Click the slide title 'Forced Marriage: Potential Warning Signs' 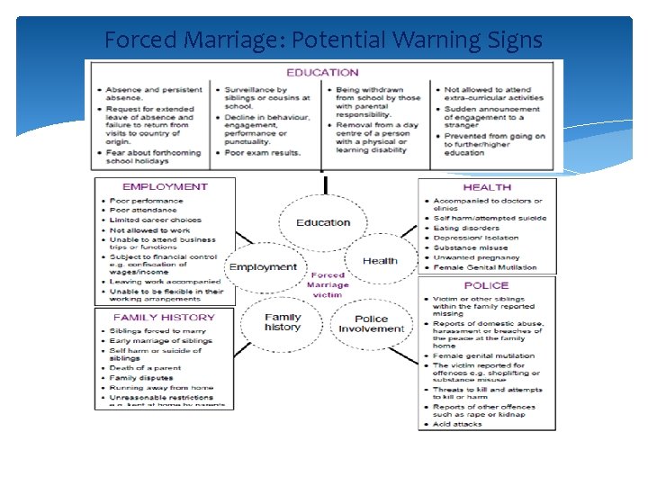click(x=323, y=40)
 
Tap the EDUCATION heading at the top click(x=322, y=73)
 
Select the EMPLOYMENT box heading click(x=165, y=187)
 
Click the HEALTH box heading click(x=487, y=187)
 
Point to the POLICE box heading click(x=487, y=285)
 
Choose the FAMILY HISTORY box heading click(x=164, y=318)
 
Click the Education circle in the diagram click(x=323, y=222)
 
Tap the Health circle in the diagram click(x=380, y=261)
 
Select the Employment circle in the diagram click(x=263, y=267)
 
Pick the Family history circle click(x=283, y=322)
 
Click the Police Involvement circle click(x=372, y=324)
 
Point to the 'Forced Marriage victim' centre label click(x=328, y=285)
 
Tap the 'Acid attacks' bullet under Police click(x=458, y=424)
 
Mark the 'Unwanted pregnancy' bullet click(x=476, y=257)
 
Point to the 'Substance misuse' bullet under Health click(x=471, y=247)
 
